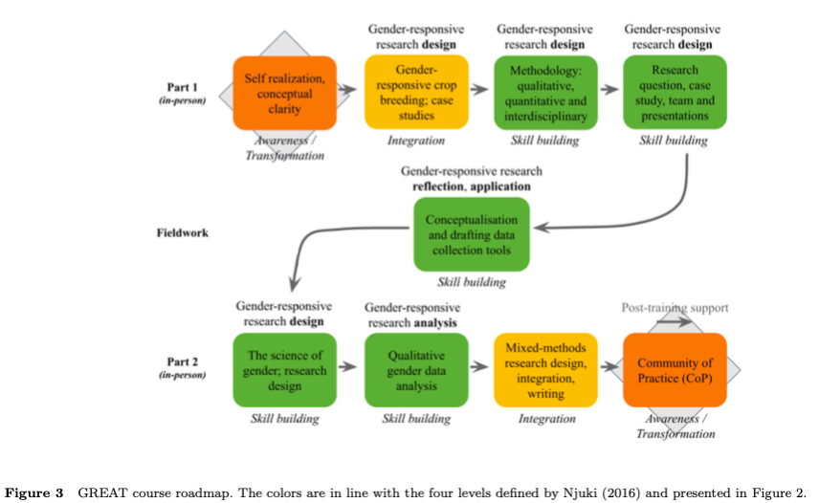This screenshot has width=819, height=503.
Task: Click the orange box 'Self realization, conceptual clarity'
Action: coord(284,93)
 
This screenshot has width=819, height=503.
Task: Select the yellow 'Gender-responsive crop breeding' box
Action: coord(415,93)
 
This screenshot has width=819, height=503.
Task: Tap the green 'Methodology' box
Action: coord(545,93)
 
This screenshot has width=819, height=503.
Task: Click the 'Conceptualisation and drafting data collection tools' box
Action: coord(472,234)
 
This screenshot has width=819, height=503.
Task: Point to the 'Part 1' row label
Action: coord(182,88)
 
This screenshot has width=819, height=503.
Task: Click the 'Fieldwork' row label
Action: coord(182,232)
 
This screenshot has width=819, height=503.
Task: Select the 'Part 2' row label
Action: coord(182,363)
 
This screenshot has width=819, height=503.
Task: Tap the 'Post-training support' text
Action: coord(675,308)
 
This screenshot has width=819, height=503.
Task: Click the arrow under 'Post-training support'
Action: coord(675,323)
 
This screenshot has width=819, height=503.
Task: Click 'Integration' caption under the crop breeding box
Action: coord(415,141)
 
